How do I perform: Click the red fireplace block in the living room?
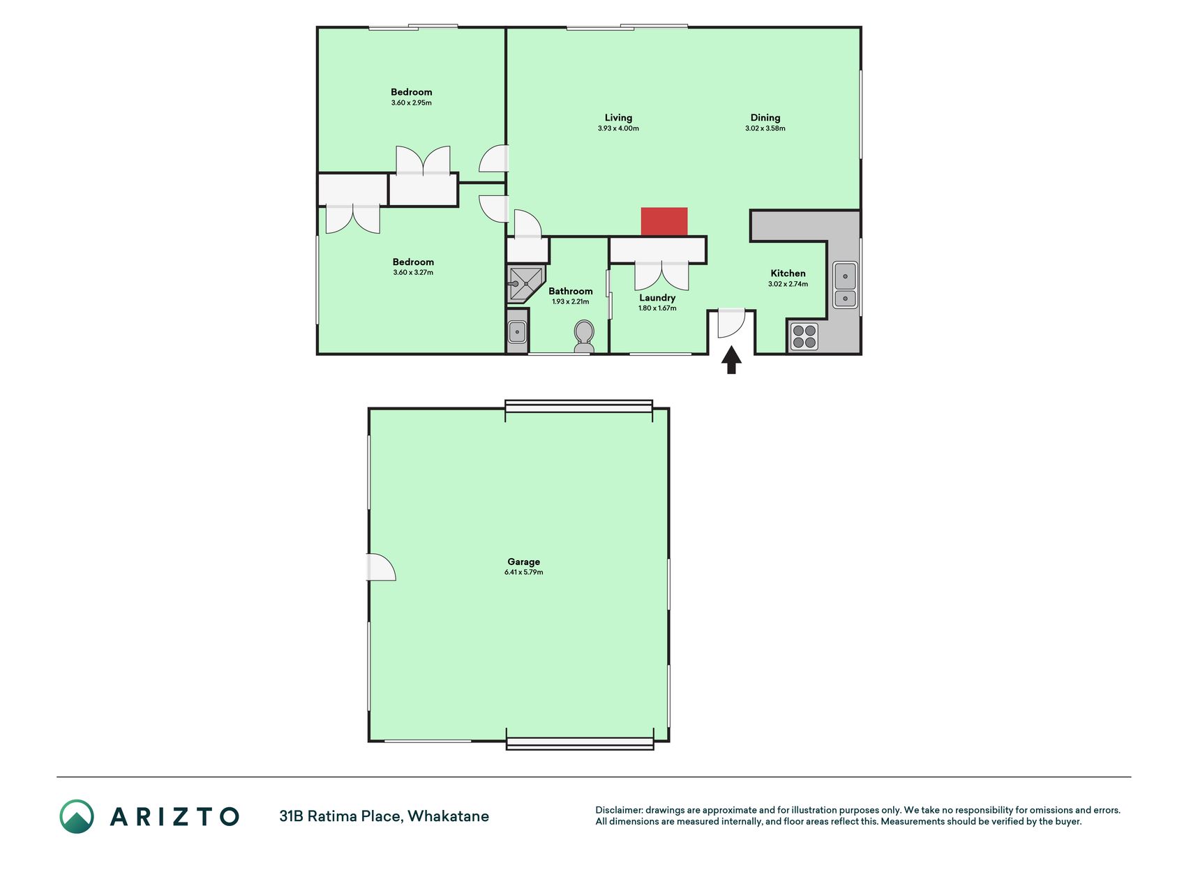coord(664,222)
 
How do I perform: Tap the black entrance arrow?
coord(731,360)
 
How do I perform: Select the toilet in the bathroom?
coord(584,336)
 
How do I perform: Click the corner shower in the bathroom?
coord(525,284)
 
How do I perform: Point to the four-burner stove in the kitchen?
coord(804,336)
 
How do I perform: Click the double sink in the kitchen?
coord(845,285)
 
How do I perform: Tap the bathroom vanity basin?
coord(517,332)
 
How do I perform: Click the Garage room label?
coord(523,562)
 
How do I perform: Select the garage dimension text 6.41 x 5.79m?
coord(523,572)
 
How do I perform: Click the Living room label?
coord(618,118)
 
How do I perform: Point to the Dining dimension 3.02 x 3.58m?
coord(765,128)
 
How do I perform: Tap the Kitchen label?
coord(788,273)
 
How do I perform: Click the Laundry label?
coord(657,298)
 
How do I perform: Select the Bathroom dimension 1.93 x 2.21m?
coord(570,302)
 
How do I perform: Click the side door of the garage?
coord(382,567)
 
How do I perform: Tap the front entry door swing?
coord(732,323)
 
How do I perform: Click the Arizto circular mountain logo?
coord(77,816)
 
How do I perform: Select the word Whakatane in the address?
coord(448,816)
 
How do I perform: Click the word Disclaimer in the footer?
coord(619,810)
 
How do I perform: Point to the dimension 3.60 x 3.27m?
coord(413,273)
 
